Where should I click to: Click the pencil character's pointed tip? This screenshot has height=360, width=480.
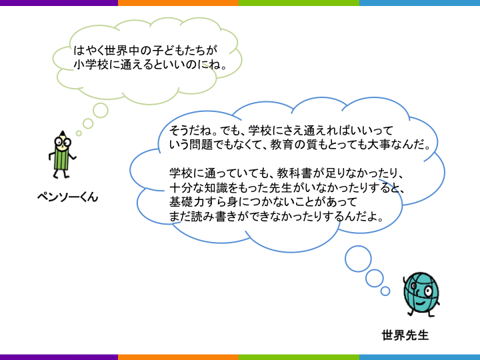63,132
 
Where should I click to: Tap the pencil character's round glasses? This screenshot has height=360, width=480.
63,142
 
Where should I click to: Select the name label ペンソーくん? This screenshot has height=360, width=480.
67,197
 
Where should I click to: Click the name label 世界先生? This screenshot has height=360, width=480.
405,335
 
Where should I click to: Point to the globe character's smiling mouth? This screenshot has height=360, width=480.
420,303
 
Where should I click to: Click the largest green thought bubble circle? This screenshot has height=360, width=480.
101,111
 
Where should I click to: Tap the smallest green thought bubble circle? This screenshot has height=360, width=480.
79,133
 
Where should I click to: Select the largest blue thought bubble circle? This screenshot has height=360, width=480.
358,259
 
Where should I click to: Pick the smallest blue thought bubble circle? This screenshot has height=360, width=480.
385,291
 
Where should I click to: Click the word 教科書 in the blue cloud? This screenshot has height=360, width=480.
295,173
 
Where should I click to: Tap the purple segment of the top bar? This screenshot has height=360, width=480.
59,3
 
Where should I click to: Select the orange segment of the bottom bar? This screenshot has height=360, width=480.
178,357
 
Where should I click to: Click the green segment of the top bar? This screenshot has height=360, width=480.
299,3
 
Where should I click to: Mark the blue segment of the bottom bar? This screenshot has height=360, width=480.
419,357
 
